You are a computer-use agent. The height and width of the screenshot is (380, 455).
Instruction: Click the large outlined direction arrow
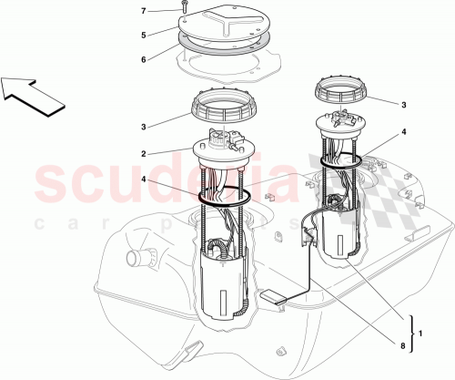click(x=33, y=92)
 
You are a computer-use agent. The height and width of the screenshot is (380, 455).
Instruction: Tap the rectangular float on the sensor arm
click(x=274, y=295)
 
